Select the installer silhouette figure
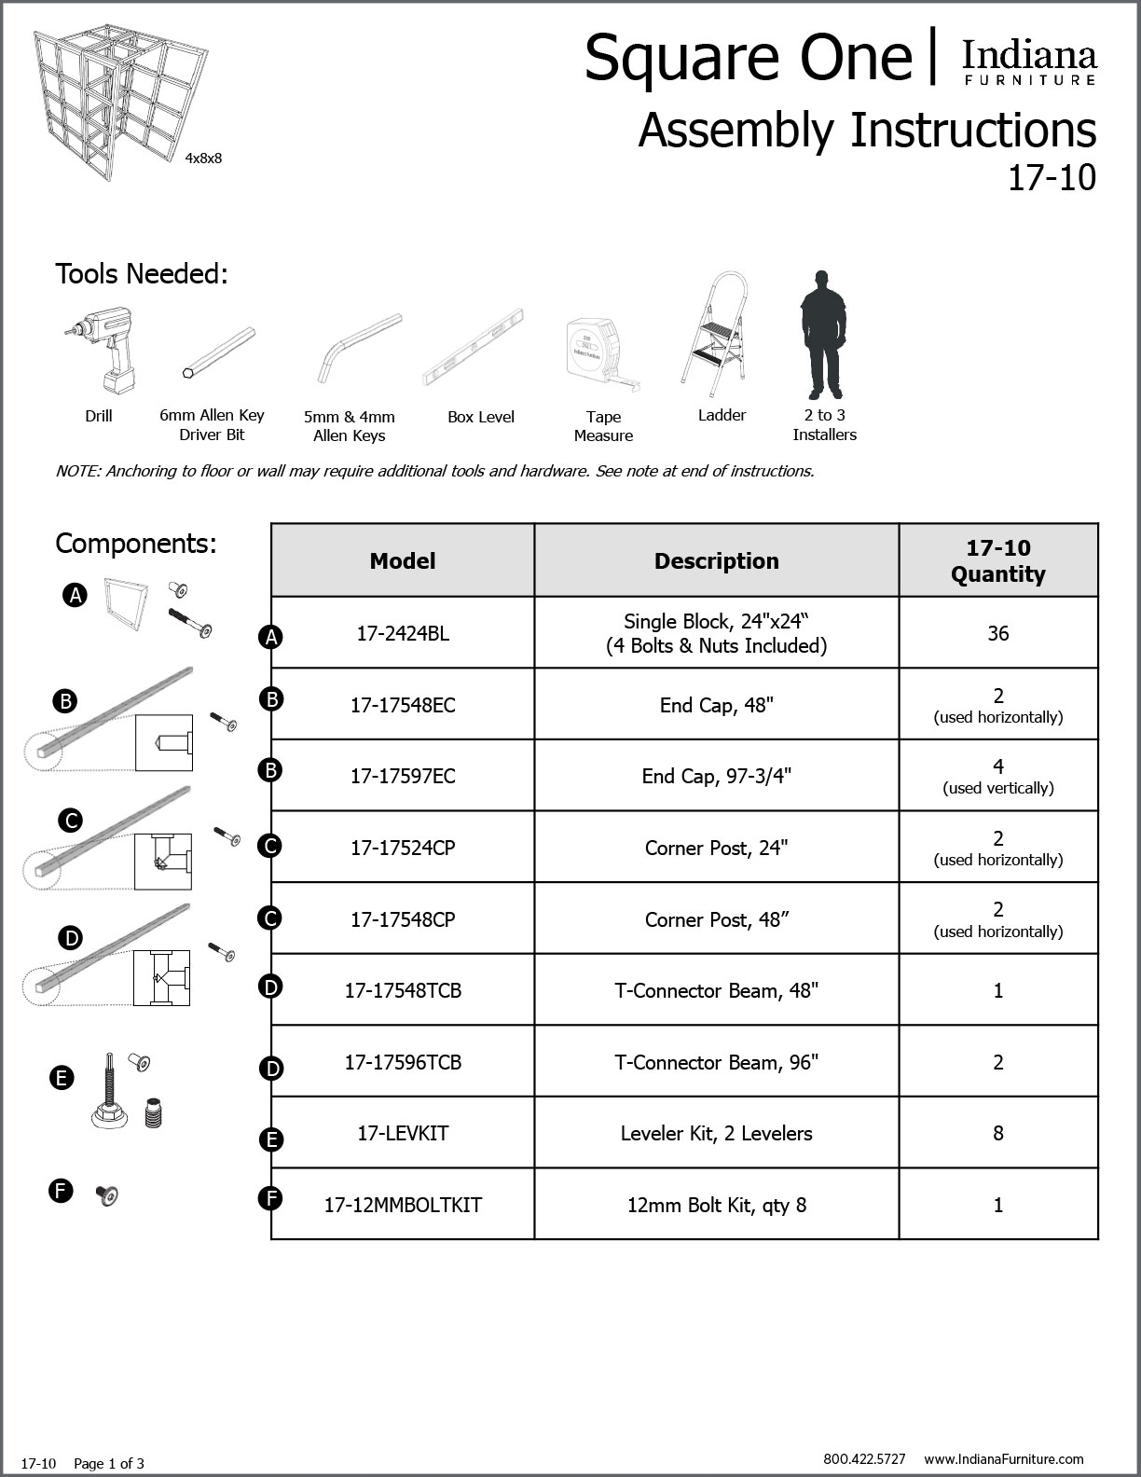tap(821, 334)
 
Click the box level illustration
tap(474, 347)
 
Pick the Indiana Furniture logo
tap(1029, 62)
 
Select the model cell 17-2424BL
tap(403, 633)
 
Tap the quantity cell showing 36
tap(997, 633)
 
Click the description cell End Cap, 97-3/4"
tap(716, 776)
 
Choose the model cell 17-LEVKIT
tap(403, 1133)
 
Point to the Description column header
tap(716, 560)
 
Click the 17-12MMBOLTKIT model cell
tap(403, 1205)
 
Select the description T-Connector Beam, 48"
tap(716, 990)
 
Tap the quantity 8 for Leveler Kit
tap(997, 1133)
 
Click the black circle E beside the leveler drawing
tap(61, 1078)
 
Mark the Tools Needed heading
tap(142, 274)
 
